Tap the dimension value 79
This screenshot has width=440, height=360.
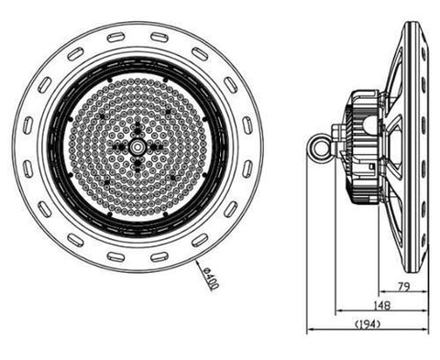(x=404, y=287)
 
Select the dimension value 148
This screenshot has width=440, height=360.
(x=382, y=305)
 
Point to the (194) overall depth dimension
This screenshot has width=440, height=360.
(x=368, y=324)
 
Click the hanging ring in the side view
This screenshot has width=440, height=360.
(x=318, y=148)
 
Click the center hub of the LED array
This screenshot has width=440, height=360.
(x=137, y=147)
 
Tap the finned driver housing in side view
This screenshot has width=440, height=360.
(x=364, y=147)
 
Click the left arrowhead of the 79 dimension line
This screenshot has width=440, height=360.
(x=381, y=292)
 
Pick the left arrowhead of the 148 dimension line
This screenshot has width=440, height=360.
(x=338, y=311)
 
